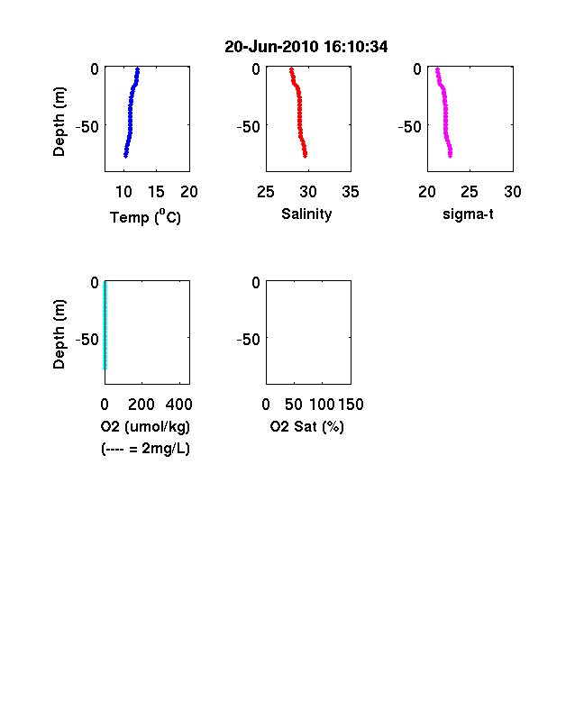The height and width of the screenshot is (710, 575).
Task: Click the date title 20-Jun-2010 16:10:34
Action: click(306, 47)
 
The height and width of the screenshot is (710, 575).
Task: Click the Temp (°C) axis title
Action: click(145, 217)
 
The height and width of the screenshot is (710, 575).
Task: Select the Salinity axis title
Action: click(306, 214)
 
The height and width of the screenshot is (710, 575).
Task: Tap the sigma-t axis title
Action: click(468, 214)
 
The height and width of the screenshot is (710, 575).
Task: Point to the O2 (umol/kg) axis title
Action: click(145, 426)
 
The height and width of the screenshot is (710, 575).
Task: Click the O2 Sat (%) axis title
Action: click(307, 426)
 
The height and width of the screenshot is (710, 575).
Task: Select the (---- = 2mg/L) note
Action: click(145, 449)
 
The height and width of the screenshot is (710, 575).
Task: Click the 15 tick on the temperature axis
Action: click(156, 192)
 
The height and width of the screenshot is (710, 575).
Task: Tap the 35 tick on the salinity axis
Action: click(351, 192)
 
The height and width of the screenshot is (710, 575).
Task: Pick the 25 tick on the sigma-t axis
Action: click(470, 192)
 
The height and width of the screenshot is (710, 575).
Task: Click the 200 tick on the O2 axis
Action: click(141, 405)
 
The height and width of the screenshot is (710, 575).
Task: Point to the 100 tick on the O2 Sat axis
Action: click(322, 405)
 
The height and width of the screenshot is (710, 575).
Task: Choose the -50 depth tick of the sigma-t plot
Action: click(410, 126)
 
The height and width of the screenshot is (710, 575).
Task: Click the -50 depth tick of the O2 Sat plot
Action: click(249, 339)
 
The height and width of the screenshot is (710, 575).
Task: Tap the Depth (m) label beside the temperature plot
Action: click(59, 122)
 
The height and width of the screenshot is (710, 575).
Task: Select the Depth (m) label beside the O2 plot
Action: click(59, 334)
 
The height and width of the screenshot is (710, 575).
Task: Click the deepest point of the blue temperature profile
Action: click(125, 156)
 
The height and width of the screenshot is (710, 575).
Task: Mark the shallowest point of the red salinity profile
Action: click(292, 69)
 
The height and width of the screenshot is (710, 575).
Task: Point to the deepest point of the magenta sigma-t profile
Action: click(450, 156)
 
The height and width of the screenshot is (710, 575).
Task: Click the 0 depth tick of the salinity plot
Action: click(256, 68)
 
